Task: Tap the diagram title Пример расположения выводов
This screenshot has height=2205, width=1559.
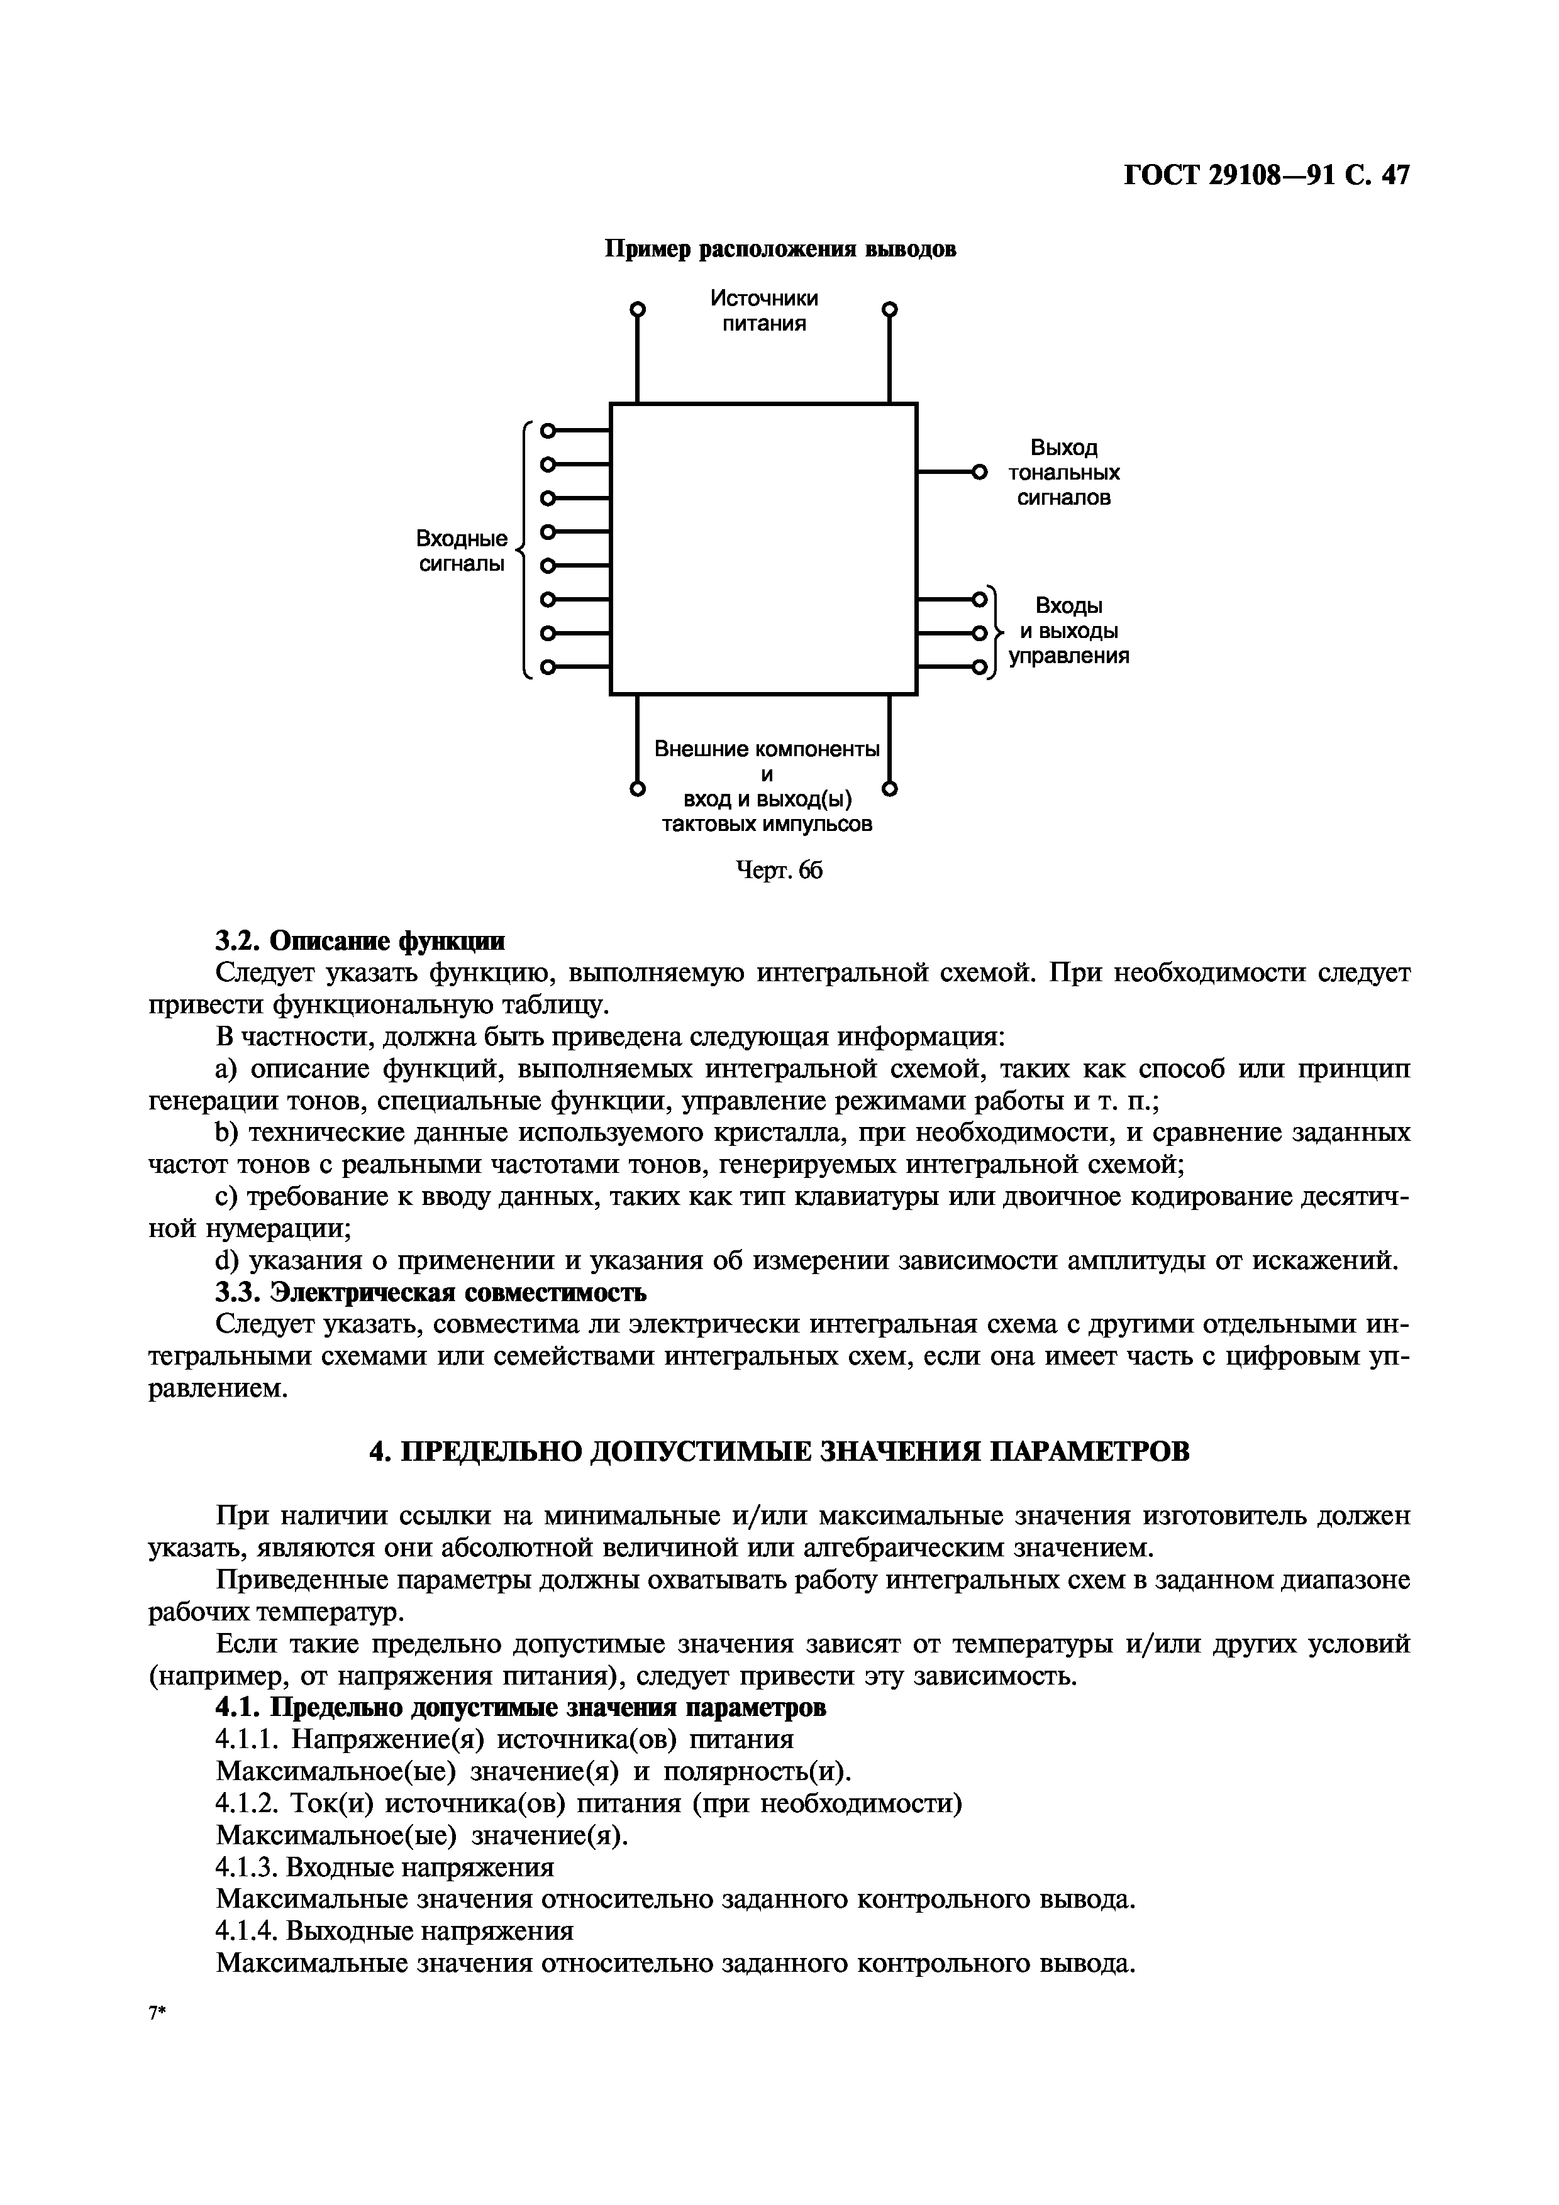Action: point(779,250)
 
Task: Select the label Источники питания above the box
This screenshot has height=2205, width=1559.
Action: point(765,311)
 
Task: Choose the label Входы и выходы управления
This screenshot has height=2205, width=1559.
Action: point(1068,631)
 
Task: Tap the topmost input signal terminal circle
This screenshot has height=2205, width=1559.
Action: point(548,431)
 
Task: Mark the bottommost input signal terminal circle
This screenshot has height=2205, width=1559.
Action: point(548,666)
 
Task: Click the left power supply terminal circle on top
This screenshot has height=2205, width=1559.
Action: point(636,309)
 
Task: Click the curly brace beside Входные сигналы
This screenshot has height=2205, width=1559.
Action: point(523,549)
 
